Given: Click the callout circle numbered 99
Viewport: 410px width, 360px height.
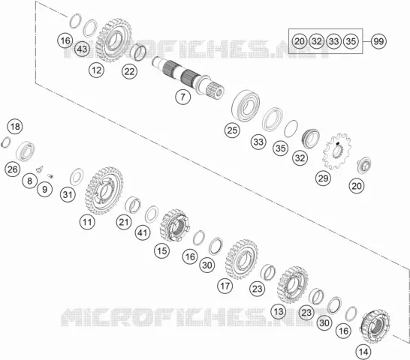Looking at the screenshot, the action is [x=378, y=41].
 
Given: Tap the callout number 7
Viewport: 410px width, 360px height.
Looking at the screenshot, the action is [x=182, y=97].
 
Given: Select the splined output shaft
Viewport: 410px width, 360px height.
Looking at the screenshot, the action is [x=188, y=78].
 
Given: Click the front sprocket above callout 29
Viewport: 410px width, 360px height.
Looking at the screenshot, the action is [x=337, y=151].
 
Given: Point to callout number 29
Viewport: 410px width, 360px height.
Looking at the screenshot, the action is [x=323, y=178].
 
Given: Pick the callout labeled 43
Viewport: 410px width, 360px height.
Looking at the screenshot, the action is [x=82, y=49].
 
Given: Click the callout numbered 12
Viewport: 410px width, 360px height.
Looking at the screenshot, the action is [x=96, y=70].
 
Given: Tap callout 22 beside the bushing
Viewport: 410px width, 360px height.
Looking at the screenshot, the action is [x=129, y=71].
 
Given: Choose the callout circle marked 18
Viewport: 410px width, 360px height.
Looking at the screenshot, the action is [x=15, y=127].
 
